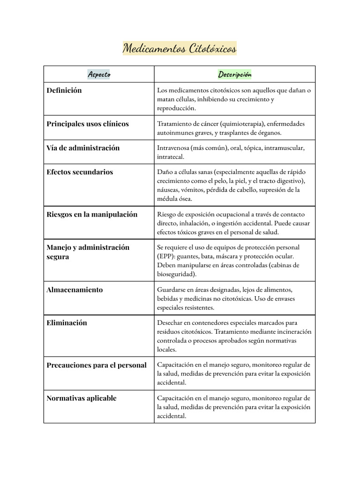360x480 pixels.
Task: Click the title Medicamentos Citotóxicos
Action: tap(180, 48)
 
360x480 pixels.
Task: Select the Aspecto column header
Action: tap(98, 74)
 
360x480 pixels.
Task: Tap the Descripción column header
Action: tap(234, 74)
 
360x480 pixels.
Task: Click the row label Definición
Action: tap(64, 90)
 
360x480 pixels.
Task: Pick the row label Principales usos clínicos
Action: tap(88, 124)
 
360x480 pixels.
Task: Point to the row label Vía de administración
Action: tap(83, 148)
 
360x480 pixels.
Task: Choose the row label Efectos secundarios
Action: tap(80, 172)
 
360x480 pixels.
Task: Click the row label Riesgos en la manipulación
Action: tap(92, 214)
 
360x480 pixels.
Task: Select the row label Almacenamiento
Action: tap(75, 290)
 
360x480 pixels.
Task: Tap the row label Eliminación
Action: tap(67, 323)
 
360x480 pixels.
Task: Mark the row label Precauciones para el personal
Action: tap(97, 365)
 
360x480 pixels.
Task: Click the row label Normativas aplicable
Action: tap(82, 398)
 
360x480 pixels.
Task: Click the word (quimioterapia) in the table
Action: tap(240, 124)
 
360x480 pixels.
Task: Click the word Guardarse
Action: tap(172, 290)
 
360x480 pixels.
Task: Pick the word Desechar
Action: tap(170, 323)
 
